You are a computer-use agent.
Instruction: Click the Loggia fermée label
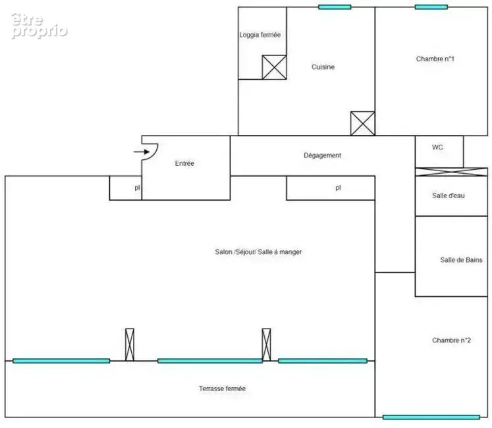point(260,35)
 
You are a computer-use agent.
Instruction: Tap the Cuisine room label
point(323,67)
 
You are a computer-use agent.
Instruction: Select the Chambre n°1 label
point(435,59)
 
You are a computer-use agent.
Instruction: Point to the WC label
point(437,147)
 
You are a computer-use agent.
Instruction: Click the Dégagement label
point(322,155)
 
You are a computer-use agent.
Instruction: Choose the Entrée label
point(184,163)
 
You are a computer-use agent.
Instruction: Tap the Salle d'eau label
point(448,196)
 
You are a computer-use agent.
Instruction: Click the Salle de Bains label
point(461,260)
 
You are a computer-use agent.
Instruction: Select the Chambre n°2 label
point(451,340)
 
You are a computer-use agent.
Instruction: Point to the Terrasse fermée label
point(222,388)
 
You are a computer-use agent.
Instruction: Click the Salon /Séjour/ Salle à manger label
point(258,252)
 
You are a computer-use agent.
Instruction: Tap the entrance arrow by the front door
point(142,152)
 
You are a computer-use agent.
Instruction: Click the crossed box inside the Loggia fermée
point(274,67)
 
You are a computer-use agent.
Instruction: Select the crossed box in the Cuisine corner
point(363,123)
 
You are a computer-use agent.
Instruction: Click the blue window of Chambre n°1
point(431,7)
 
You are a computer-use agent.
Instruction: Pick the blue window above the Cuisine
point(335,7)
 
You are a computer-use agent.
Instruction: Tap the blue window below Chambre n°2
point(431,417)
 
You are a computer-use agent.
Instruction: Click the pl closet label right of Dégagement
point(338,188)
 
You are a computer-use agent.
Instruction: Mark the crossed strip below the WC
point(451,172)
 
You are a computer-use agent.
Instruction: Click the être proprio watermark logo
point(40,26)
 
